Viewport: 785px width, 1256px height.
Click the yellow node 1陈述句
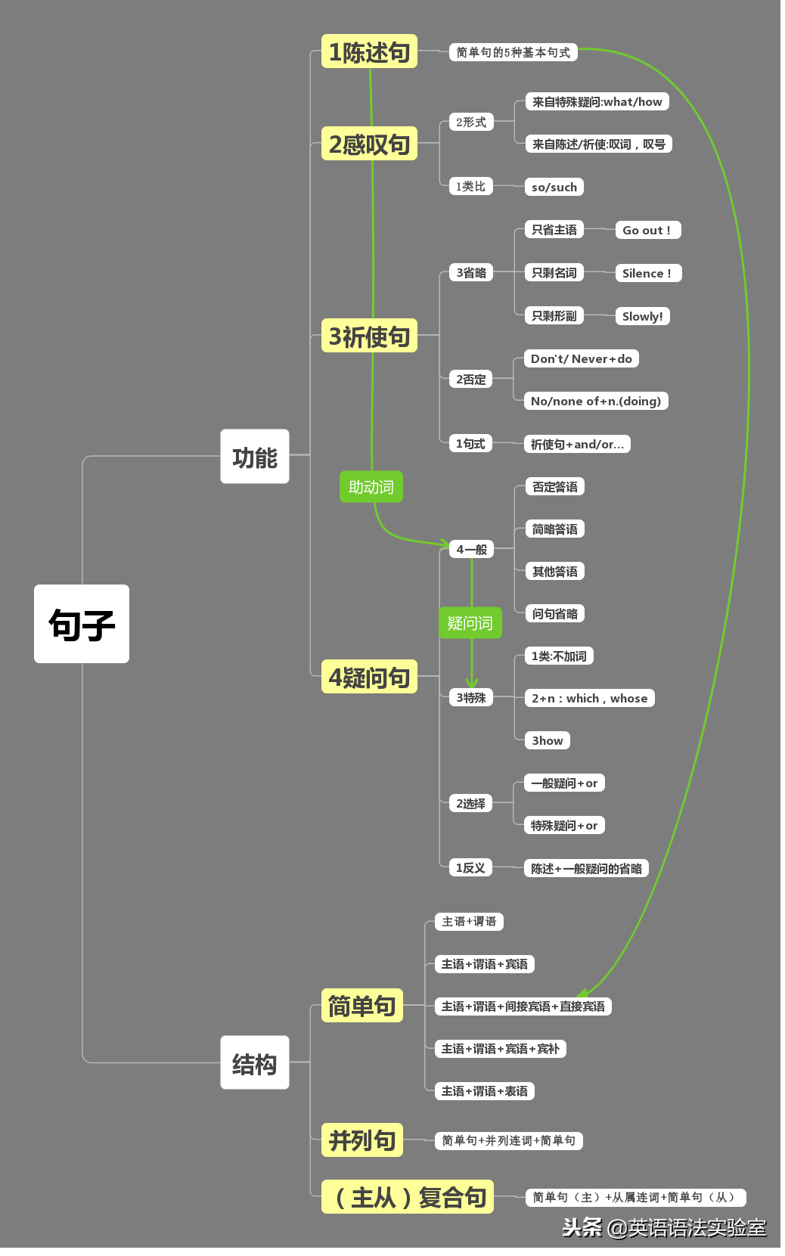(x=371, y=51)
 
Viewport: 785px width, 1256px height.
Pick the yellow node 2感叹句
(x=371, y=144)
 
